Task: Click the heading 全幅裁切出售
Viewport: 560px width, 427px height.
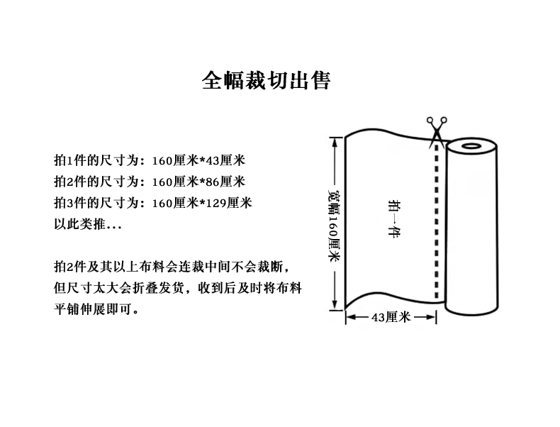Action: [x=266, y=80]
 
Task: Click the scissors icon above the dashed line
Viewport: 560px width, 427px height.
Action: [x=437, y=131]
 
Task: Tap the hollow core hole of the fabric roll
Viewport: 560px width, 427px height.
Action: [x=471, y=146]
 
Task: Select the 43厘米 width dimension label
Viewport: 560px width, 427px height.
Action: [x=391, y=317]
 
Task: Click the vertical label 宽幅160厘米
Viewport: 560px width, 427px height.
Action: [x=335, y=226]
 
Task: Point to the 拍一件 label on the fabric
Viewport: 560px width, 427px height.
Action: [x=394, y=218]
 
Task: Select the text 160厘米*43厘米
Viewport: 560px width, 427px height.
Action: [x=198, y=160]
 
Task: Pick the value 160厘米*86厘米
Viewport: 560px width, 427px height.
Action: [x=198, y=182]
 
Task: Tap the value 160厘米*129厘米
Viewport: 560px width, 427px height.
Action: [x=202, y=203]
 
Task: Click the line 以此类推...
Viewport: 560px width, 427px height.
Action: [x=88, y=224]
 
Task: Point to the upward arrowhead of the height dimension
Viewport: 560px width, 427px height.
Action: [x=335, y=142]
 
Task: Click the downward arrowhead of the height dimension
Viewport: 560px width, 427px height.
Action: [x=335, y=305]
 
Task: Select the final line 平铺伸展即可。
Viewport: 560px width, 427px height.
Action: [x=96, y=309]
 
